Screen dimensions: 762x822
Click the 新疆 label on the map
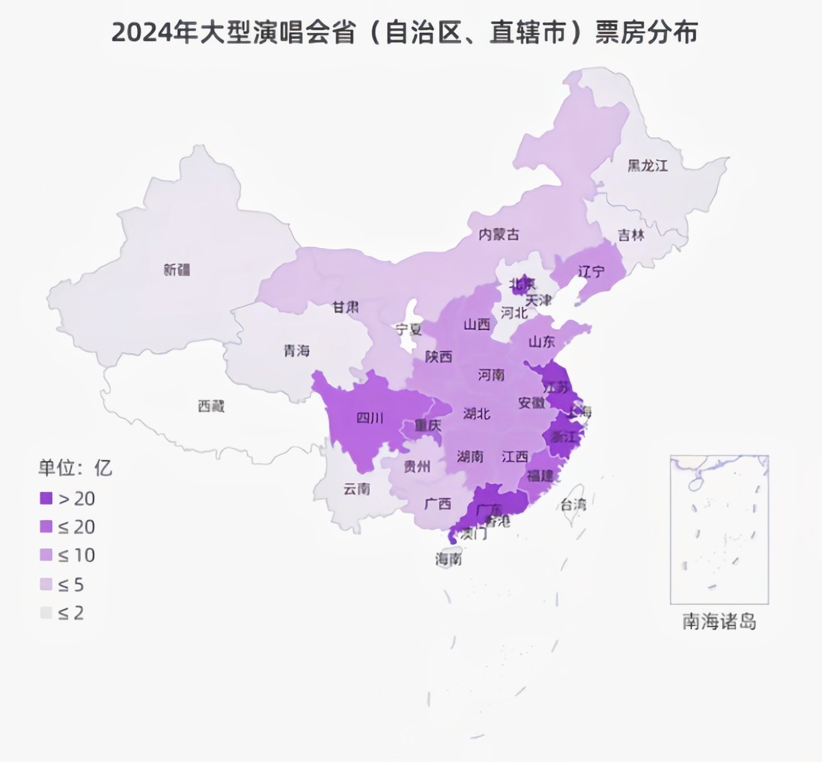(177, 269)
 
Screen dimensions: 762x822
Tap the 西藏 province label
(211, 406)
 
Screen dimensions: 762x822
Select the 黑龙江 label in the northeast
(647, 165)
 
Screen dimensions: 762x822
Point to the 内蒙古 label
(499, 234)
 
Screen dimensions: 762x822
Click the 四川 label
(370, 417)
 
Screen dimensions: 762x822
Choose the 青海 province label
(297, 351)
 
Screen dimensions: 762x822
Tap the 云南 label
(356, 489)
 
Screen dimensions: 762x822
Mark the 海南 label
(449, 559)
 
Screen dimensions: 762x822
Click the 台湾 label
(573, 505)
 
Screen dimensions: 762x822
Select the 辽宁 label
(591, 271)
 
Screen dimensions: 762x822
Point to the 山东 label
(542, 341)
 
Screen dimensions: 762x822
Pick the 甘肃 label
(345, 307)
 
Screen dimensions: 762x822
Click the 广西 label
(438, 504)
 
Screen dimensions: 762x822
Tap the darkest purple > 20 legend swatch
(46, 498)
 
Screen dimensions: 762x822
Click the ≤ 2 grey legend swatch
(46, 613)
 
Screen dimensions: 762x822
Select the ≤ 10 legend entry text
(76, 555)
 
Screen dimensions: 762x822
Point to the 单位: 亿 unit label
(75, 468)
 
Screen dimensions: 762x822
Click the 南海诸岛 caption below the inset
(719, 622)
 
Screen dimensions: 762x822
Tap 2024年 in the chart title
(155, 33)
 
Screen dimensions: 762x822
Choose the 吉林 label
(631, 235)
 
